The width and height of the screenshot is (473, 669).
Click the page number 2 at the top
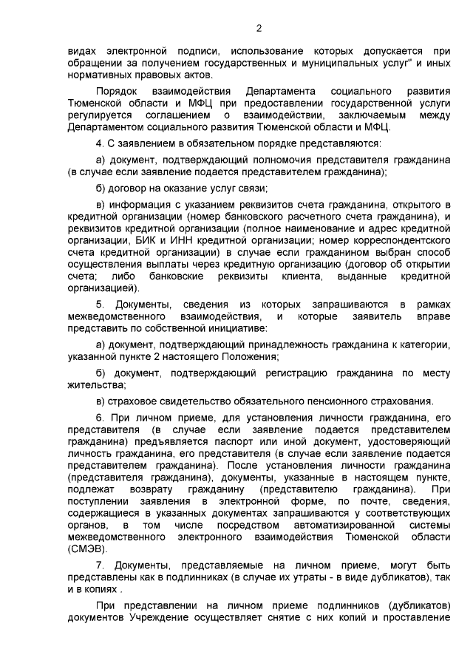(x=258, y=29)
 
